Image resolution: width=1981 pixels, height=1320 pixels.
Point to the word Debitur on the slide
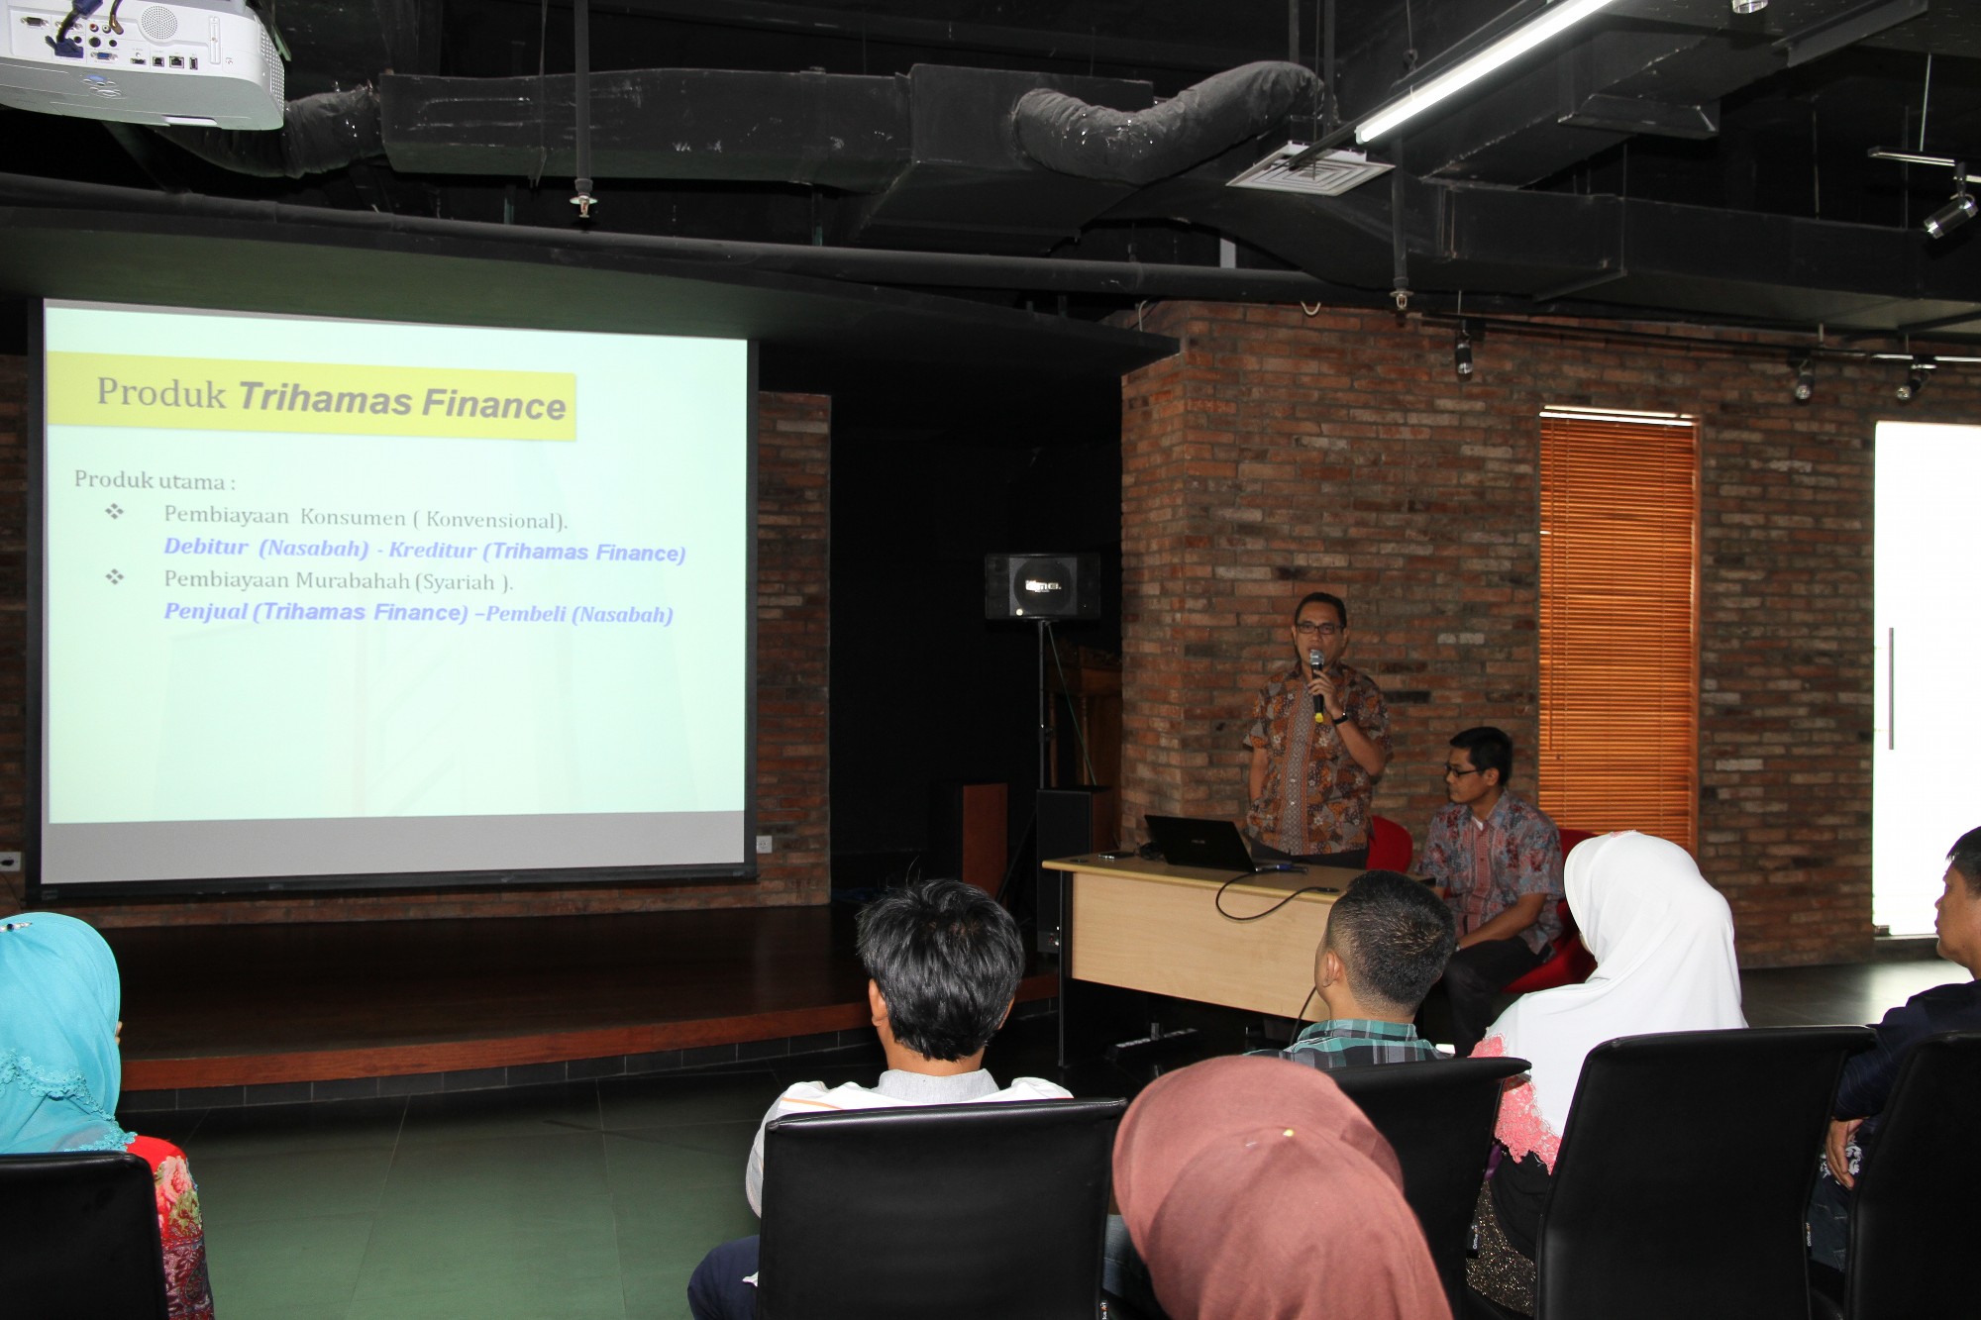coord(206,547)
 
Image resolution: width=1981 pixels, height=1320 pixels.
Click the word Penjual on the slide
coord(206,611)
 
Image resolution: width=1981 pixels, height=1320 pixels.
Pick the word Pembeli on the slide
coord(525,614)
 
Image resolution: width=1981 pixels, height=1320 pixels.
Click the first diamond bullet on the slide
coord(115,512)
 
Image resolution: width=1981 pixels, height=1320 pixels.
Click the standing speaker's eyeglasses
coord(1318,628)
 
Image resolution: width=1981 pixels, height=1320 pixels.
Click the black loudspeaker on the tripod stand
coord(1042,586)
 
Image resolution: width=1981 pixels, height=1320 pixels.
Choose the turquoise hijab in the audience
coord(57,1030)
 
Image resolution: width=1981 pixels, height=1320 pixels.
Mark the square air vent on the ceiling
coord(1309,169)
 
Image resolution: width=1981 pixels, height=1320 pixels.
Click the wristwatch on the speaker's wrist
coord(1340,718)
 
